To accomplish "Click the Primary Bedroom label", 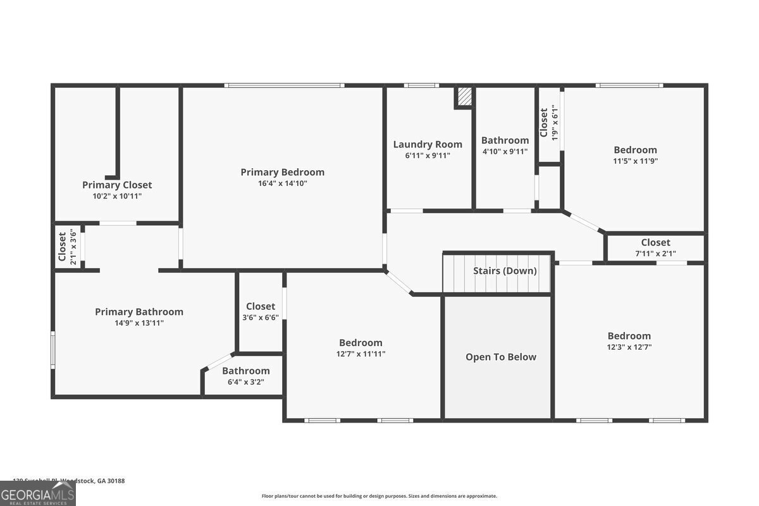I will [282, 172].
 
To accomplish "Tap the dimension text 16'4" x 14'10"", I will [282, 183].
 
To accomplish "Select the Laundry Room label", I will [428, 144].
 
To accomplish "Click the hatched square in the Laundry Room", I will [464, 97].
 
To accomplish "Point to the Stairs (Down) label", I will [505, 271].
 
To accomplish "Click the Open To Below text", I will [500, 357].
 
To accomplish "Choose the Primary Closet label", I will [117, 185].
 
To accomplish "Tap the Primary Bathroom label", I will [139, 312].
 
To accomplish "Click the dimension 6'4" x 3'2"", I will [245, 382].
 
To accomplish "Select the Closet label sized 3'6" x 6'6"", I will [261, 307].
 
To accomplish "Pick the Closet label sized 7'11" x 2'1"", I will [655, 242].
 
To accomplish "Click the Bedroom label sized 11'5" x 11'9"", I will [635, 150].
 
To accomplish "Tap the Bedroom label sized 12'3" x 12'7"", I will [629, 336].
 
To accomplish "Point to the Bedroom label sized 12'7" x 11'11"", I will [361, 343].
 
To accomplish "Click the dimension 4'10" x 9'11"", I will [505, 152].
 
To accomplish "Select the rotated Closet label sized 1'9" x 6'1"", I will [544, 123].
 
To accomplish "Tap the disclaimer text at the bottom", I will [379, 496].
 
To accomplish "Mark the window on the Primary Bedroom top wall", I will [285, 85].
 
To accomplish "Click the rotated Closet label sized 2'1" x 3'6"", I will [62, 247].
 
